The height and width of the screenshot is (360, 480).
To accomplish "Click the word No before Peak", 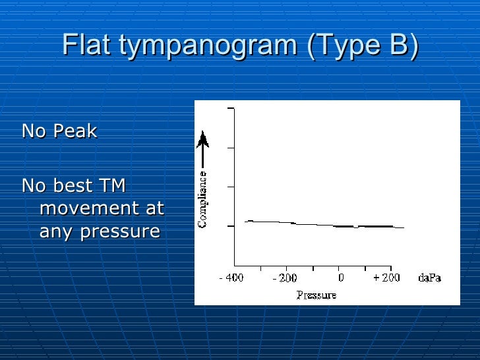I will (34, 131).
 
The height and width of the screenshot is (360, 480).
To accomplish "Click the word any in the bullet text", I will (57, 232).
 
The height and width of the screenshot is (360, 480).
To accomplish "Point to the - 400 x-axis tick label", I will (231, 278).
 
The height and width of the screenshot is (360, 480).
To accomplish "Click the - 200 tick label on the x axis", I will (285, 278).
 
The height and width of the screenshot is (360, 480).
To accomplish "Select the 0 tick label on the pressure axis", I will (339, 278).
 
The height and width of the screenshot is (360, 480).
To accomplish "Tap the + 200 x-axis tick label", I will (388, 278).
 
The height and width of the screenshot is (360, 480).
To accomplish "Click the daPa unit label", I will (429, 278).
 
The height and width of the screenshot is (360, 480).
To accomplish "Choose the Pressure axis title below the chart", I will (316, 295).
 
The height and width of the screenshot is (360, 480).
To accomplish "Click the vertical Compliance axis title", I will (203, 199).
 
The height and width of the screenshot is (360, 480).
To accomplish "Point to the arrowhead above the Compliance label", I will (203, 139).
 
